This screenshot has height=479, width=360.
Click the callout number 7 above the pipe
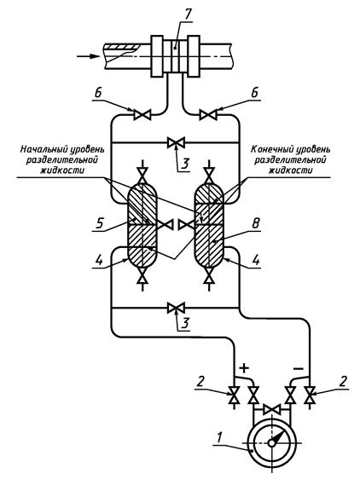[186, 15]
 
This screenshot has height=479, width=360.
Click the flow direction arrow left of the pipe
[88, 56]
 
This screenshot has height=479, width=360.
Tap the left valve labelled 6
[142, 115]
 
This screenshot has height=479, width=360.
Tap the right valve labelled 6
[208, 115]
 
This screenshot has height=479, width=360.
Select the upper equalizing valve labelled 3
[177, 142]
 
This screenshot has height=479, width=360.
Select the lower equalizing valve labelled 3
[177, 308]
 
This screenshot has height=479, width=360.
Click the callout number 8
[255, 223]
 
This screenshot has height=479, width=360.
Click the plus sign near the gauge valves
[244, 368]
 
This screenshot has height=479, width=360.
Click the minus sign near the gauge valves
[299, 369]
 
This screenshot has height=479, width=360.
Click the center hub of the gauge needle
[271, 442]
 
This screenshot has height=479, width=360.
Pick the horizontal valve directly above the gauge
[271, 409]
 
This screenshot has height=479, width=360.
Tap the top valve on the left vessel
[142, 176]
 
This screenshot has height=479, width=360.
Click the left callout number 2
[199, 381]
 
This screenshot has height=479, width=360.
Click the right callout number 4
[256, 260]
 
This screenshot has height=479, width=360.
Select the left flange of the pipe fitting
[157, 56]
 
